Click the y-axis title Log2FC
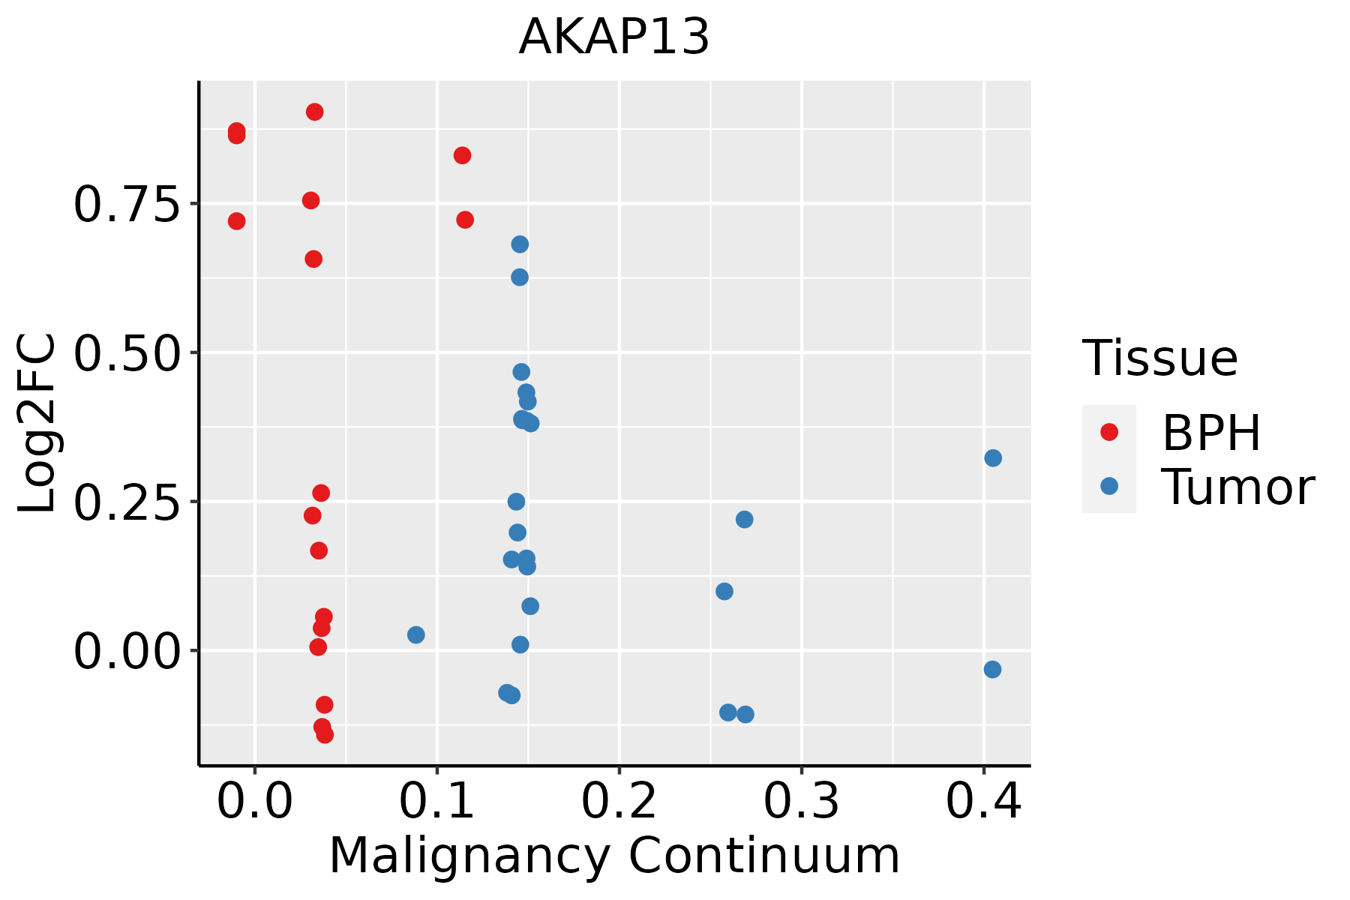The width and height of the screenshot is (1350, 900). click(x=37, y=424)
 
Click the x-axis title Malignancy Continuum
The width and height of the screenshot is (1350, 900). click(x=613, y=856)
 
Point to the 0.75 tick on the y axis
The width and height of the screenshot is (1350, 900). click(x=127, y=204)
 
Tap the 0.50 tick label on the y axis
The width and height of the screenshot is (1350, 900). click(x=127, y=352)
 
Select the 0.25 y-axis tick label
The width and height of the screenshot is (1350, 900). click(x=127, y=502)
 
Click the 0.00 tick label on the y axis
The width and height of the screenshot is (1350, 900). click(x=127, y=651)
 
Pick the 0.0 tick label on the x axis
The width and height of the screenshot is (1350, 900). click(x=255, y=802)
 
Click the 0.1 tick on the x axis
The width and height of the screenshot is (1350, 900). click(x=437, y=802)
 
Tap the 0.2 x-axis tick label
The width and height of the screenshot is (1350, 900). click(x=619, y=802)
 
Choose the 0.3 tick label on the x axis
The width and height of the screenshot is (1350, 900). click(x=802, y=802)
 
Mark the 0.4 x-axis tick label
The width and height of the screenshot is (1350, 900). click(x=984, y=802)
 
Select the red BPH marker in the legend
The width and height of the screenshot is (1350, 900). click(x=1108, y=432)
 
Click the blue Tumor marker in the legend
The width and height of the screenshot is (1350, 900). click(x=1108, y=486)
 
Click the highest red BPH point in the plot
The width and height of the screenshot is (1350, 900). click(x=315, y=112)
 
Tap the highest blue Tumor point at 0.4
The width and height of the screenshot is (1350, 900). click(x=993, y=458)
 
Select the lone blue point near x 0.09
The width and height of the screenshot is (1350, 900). click(x=416, y=635)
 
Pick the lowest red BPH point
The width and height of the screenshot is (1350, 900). click(x=325, y=734)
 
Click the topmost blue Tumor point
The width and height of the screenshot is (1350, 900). click(x=520, y=244)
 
